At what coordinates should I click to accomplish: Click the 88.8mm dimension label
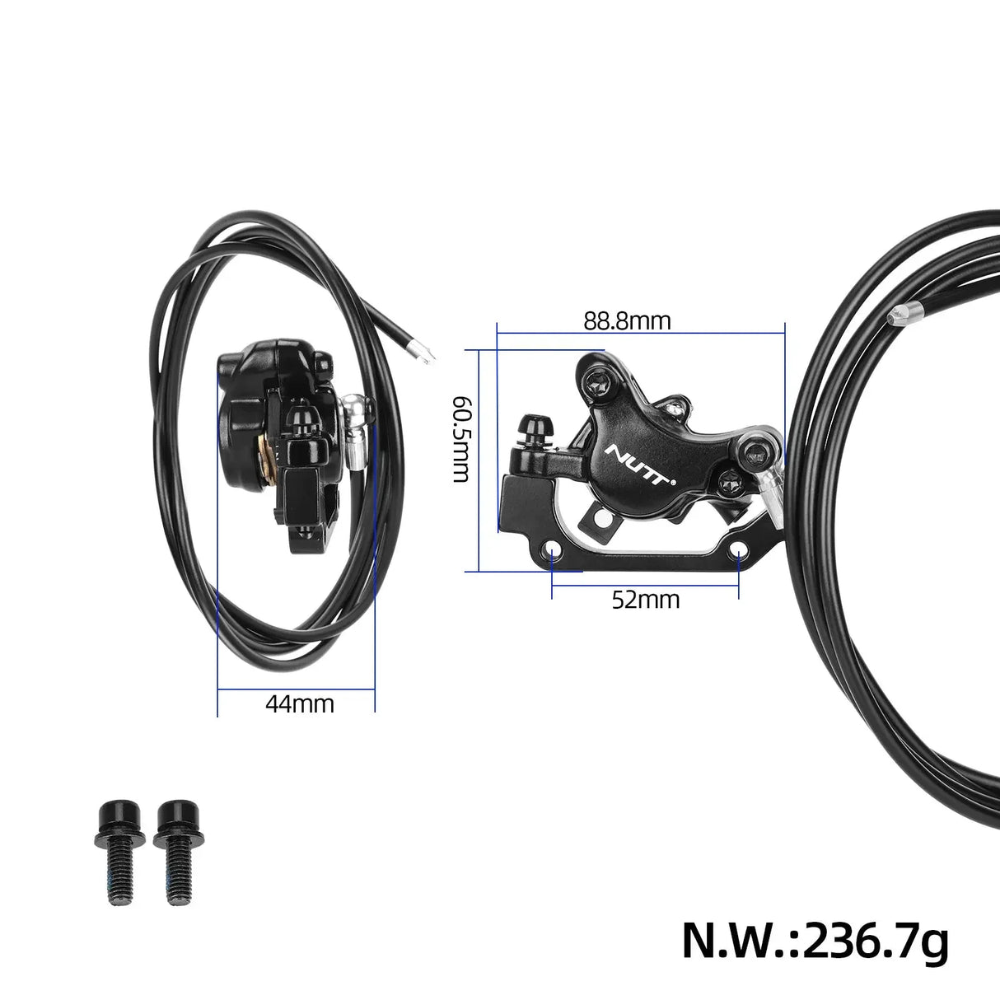click(628, 320)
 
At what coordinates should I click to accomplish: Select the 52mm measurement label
click(646, 600)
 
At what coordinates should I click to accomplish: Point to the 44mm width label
click(300, 704)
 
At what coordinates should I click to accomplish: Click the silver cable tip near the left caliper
click(424, 353)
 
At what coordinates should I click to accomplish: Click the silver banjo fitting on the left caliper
click(356, 420)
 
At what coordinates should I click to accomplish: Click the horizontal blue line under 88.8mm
click(639, 334)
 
